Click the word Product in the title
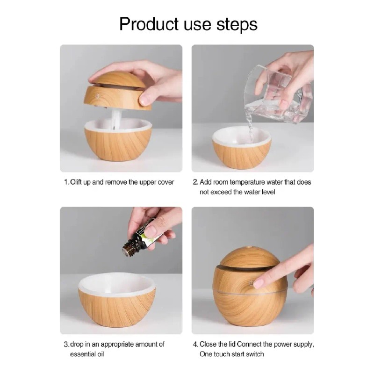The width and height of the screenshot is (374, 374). pyautogui.click(x=149, y=24)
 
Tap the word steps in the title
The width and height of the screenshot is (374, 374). pyautogui.click(x=237, y=25)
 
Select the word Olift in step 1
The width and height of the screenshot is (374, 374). pyautogui.click(x=76, y=182)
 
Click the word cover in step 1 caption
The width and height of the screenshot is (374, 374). pyautogui.click(x=166, y=182)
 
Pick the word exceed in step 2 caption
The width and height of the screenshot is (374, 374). pyautogui.click(x=220, y=192)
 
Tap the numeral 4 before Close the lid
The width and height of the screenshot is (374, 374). pyautogui.click(x=195, y=345)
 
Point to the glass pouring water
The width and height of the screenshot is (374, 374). pyautogui.click(x=279, y=94)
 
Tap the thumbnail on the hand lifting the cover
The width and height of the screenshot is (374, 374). pyautogui.click(x=144, y=99)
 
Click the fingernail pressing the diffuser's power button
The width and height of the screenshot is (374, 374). pyautogui.click(x=259, y=283)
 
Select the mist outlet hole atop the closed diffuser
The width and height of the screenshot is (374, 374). pyautogui.click(x=250, y=247)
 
